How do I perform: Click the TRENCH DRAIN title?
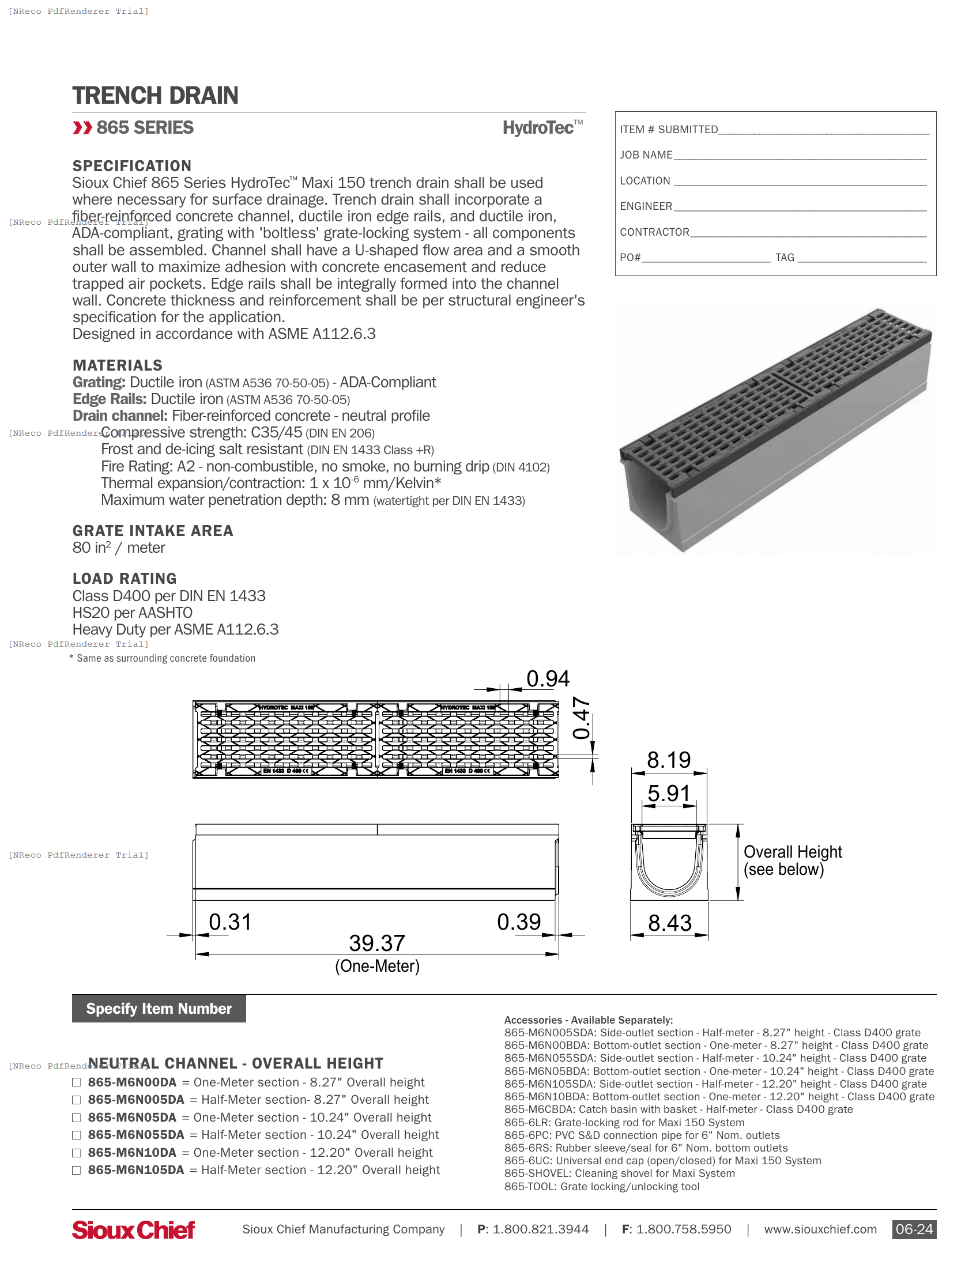[x=155, y=96]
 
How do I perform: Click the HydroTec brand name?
[x=538, y=128]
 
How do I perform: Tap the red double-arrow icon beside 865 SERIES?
[x=82, y=128]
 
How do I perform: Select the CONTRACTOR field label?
[x=654, y=232]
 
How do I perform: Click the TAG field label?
[x=785, y=258]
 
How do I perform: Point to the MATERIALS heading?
[x=117, y=365]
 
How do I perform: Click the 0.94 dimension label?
[x=548, y=678]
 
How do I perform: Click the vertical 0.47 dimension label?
[x=582, y=718]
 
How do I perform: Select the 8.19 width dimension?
[x=669, y=760]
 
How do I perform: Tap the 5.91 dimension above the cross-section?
[x=669, y=794]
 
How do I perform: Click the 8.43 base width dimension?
[x=669, y=923]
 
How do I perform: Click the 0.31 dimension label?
[x=230, y=922]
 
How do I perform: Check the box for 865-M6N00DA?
[x=76, y=1082]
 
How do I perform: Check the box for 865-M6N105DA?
[x=76, y=1170]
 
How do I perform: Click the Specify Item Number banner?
[x=159, y=1009]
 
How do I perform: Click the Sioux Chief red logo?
[x=133, y=1229]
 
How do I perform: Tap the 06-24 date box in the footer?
[x=913, y=1229]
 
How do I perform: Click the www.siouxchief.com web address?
[x=820, y=1229]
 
